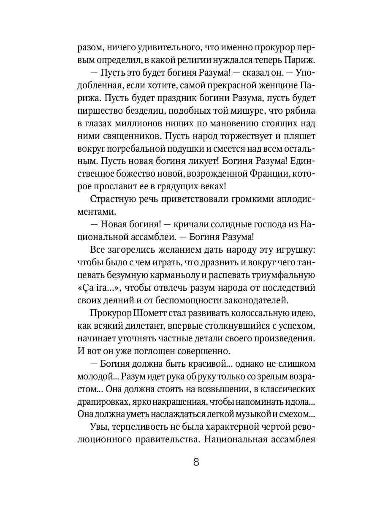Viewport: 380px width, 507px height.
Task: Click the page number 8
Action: [196, 462]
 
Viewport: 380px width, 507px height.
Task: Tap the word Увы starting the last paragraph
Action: [100, 426]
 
